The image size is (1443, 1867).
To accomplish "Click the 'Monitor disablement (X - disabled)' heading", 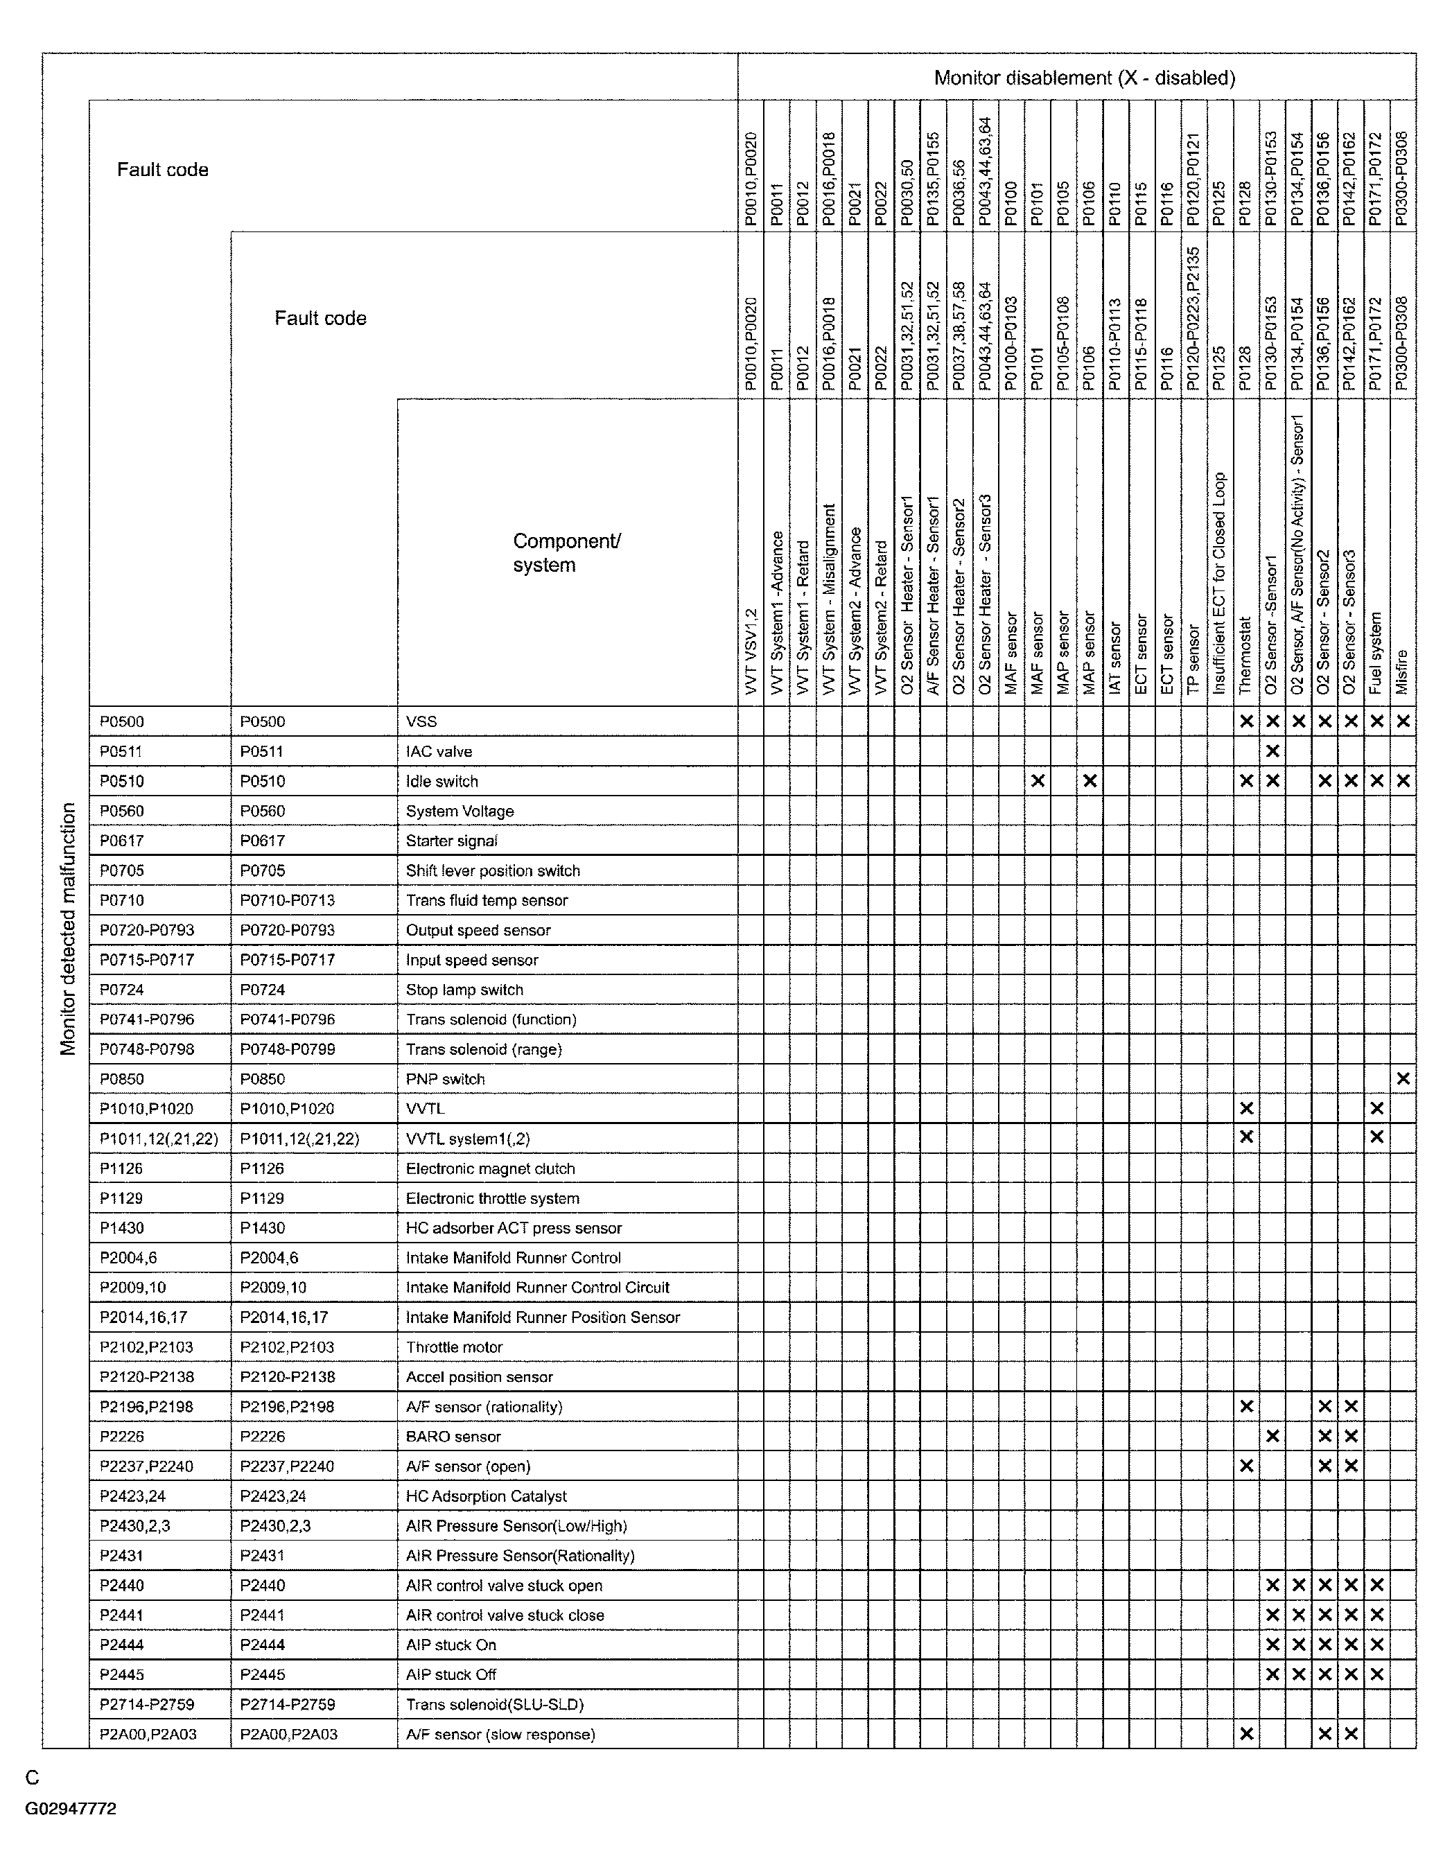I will pos(1083,78).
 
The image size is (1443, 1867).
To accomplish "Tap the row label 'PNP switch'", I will pos(444,1079).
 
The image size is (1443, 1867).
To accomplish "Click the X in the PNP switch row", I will pos(1403,1079).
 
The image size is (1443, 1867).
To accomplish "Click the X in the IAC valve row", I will pos(1272,751).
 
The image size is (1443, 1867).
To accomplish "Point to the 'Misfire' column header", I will pos(1402,671).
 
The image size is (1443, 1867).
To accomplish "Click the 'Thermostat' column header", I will pos(1245,655).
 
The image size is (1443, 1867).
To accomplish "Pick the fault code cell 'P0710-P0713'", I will pos(287,900).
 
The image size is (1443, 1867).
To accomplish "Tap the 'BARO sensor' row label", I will pos(453,1436).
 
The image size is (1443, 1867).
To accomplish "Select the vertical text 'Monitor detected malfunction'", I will pos(69,929).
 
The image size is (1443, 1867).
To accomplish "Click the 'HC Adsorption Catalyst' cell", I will pos(486,1496).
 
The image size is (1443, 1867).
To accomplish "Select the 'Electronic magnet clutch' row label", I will pos(490,1168).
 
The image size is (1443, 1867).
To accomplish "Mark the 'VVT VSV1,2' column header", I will pos(751,651).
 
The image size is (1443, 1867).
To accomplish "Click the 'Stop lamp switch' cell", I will pos(464,989).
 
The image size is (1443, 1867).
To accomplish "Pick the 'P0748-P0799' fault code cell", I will pos(287,1049).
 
